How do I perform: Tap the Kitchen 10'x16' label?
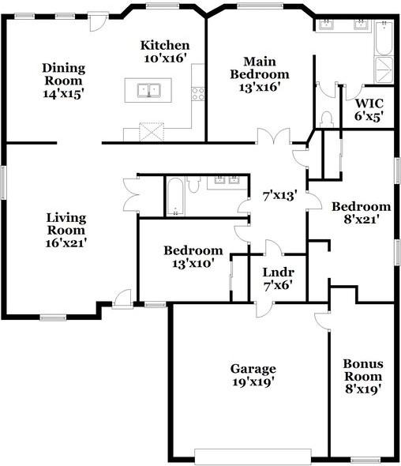tap(165, 51)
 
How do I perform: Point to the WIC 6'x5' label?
tap(369, 110)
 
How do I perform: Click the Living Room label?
tap(66, 230)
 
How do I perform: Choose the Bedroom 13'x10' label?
tap(193, 257)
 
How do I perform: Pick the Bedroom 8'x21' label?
tap(361, 213)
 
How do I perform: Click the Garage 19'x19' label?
tap(253, 375)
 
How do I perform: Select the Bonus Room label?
tap(363, 376)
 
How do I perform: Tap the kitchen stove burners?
tap(197, 93)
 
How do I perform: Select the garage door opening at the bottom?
tap(253, 456)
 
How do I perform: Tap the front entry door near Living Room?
tap(121, 298)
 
